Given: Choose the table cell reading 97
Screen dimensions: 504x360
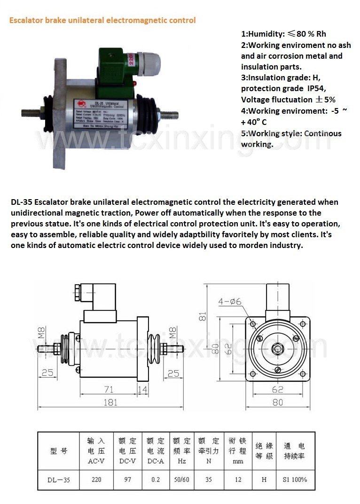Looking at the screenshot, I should point(128,480).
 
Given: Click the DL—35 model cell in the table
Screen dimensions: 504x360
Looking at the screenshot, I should point(59,480).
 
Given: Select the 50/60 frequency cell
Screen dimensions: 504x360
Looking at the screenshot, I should point(181,480).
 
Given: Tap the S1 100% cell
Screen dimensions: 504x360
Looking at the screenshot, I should point(294,480).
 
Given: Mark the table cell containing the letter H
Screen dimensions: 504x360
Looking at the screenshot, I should point(264,480).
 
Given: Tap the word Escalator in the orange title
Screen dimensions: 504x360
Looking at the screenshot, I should point(25,20).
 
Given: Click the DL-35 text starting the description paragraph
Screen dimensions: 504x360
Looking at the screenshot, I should point(21,202).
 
